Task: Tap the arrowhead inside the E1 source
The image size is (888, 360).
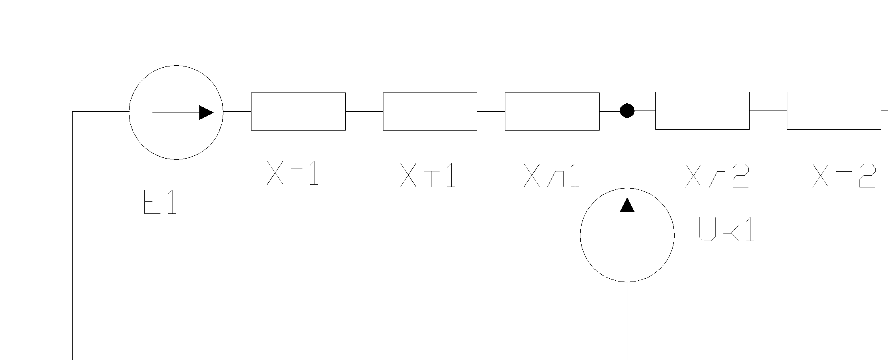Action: pos(206,113)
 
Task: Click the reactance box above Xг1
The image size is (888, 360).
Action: pos(298,111)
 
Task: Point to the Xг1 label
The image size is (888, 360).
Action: pos(293,173)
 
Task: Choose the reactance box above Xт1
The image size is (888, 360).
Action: pos(430,111)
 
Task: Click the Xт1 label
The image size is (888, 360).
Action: pos(428,175)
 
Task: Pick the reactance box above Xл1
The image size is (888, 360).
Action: pos(552,111)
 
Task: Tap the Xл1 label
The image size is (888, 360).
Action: pos(551,175)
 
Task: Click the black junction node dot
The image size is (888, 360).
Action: pos(627,111)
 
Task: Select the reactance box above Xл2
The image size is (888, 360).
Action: pos(702,111)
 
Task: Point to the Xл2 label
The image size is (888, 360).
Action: pos(717,175)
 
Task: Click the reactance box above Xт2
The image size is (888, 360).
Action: pos(834,111)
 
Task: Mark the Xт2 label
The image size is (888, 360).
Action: pos(844,175)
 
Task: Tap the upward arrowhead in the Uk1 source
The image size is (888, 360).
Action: pos(627,205)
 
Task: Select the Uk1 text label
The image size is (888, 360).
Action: pos(726,229)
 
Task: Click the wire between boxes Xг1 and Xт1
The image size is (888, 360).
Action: pos(364,111)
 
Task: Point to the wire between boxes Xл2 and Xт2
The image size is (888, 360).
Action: pos(768,111)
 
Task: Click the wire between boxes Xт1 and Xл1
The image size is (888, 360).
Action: pos(491,111)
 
